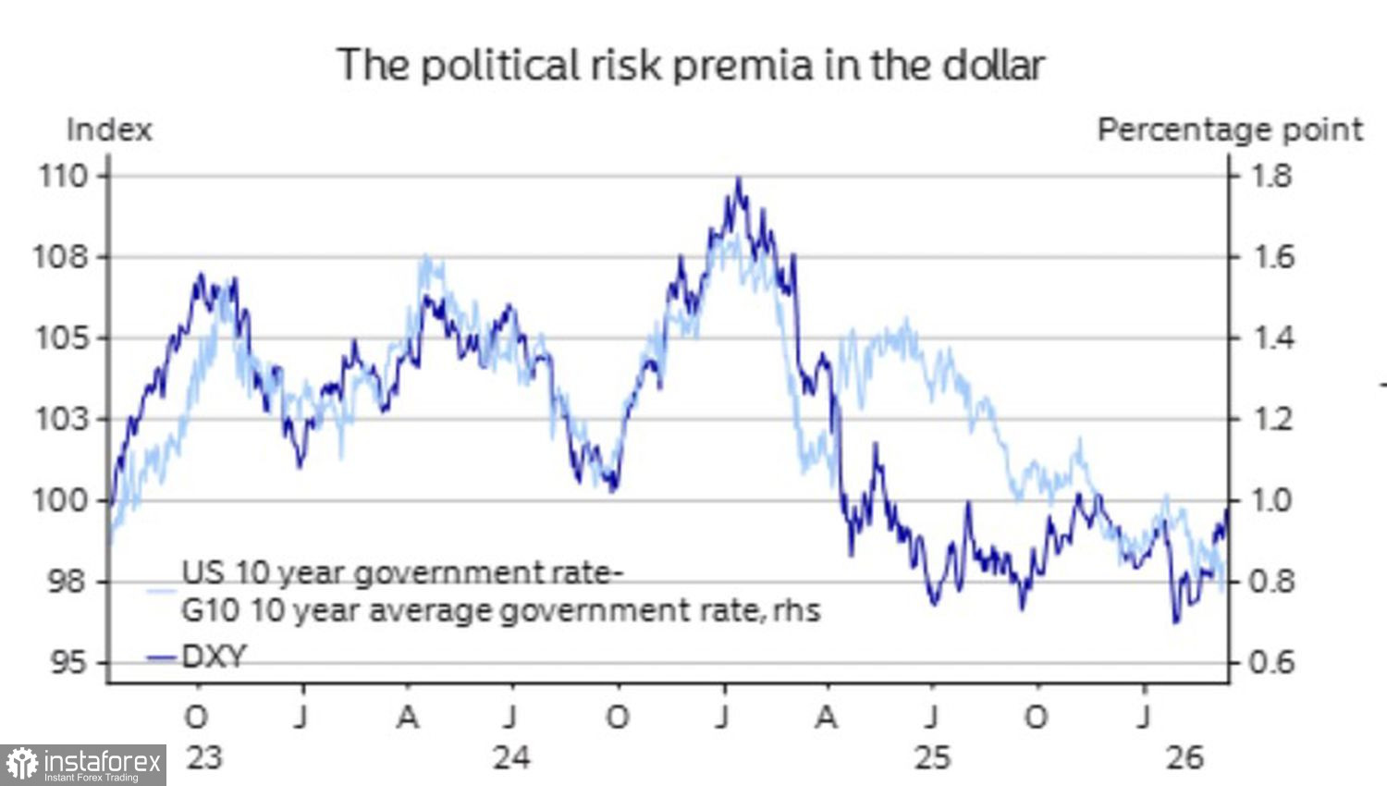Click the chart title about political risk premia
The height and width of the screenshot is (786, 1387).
point(691,65)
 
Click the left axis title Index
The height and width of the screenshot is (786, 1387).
point(109,129)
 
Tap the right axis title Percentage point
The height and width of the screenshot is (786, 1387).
point(1230,129)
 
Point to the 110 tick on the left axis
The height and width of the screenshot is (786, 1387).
point(63,176)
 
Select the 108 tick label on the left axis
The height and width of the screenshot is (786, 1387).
point(63,257)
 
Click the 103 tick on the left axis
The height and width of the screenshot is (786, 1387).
point(63,420)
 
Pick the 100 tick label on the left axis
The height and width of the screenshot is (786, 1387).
point(63,500)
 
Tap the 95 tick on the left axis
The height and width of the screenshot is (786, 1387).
point(67,662)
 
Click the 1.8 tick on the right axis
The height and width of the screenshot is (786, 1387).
point(1270,176)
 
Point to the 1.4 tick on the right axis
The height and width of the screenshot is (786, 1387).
point(1270,338)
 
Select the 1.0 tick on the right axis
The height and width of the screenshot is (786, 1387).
point(1270,500)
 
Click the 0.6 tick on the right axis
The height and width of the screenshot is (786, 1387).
point(1270,662)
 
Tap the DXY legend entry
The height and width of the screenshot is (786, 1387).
point(214,657)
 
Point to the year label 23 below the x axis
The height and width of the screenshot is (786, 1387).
point(204,757)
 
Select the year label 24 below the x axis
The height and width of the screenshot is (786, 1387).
point(511,757)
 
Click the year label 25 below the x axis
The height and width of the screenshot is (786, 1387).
point(932,757)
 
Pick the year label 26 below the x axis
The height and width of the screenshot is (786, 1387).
point(1184,757)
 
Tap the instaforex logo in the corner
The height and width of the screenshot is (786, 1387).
point(83,766)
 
